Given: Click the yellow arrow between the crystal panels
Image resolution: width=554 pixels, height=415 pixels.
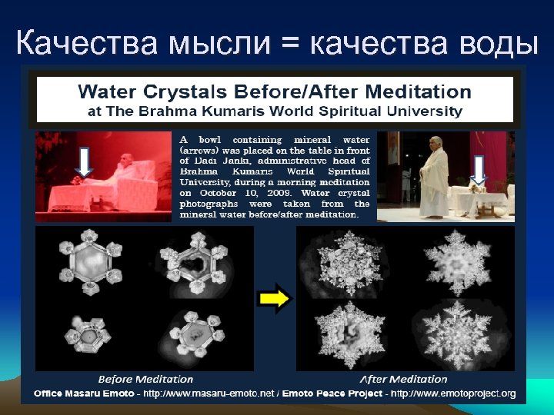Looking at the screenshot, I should (275, 298).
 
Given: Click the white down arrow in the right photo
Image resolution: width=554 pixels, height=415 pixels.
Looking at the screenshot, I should (479, 171).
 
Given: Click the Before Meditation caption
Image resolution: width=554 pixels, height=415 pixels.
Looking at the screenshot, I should (145, 379).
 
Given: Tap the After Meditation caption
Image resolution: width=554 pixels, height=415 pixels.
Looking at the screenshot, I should (402, 379).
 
